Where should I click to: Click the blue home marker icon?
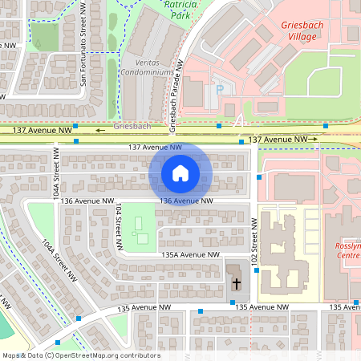point(180,172)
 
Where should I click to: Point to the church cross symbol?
point(237,283)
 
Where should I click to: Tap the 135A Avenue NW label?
point(190,254)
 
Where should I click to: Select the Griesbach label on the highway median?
point(132,127)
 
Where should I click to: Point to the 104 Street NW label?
point(119,220)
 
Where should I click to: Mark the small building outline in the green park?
point(142,237)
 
